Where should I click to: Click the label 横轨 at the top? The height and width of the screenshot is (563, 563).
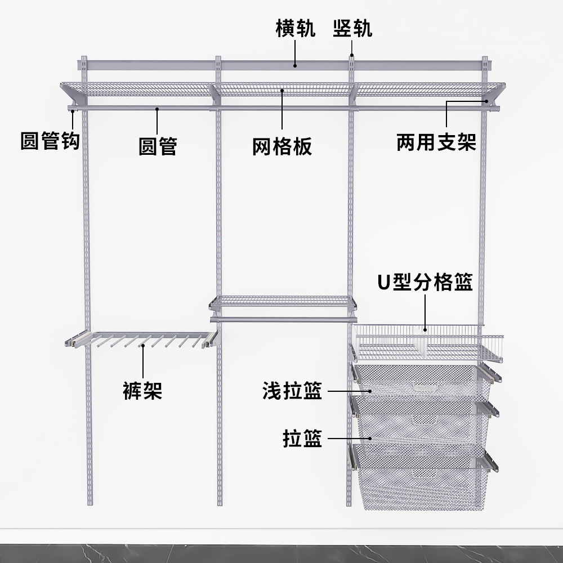[x=295, y=28]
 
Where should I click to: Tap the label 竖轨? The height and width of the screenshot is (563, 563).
[x=352, y=28]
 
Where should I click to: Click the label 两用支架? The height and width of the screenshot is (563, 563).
[x=436, y=142]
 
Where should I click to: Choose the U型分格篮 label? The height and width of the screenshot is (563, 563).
[x=425, y=281]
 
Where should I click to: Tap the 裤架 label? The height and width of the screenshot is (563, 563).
[x=142, y=390]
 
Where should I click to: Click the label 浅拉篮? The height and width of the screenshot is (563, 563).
[x=292, y=391]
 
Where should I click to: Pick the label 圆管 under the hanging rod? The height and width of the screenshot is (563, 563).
[x=158, y=146]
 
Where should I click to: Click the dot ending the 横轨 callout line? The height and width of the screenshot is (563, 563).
[x=295, y=65]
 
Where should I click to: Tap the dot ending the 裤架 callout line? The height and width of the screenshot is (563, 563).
[x=142, y=344]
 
